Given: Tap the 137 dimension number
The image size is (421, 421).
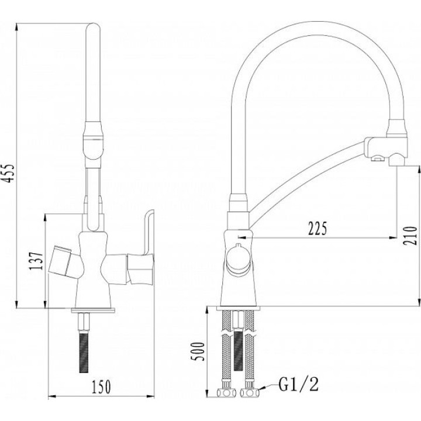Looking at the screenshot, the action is tap(36, 261).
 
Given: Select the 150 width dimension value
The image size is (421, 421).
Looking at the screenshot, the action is tap(101, 387).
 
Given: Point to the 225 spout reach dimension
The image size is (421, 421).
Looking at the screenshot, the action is tap(318, 228).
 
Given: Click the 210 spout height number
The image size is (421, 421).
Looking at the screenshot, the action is tap(410, 236).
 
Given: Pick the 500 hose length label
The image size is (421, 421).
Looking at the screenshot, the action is tap(198, 351).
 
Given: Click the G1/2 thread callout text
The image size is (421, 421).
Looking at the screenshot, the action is tap(299, 384).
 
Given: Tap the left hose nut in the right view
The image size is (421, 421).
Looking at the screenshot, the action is tap(226, 394).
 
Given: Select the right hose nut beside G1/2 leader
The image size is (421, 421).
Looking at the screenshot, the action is tap(250, 394).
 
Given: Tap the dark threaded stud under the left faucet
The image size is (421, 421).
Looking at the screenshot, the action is tap(84, 353).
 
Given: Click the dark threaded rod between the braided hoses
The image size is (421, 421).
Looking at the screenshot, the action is tap(238, 350).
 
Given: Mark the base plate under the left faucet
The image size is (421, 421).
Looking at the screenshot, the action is tap(93, 310).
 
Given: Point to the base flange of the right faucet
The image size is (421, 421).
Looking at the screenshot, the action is tap(238, 309).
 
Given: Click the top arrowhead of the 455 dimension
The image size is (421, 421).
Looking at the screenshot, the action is tap(17, 27).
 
